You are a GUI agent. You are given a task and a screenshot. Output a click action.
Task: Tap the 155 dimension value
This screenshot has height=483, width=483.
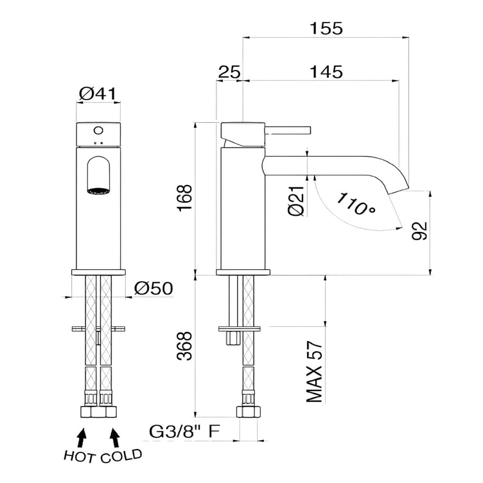tap(326, 28)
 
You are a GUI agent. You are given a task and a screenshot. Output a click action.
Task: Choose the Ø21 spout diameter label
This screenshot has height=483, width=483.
tap(296, 202)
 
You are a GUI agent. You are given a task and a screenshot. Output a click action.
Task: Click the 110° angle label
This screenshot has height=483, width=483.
tap(354, 204)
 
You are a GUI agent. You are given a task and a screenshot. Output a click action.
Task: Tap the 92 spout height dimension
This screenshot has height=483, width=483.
tap(418, 230)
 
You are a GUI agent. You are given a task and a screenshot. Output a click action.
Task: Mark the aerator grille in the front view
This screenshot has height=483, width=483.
tap(98, 190)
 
